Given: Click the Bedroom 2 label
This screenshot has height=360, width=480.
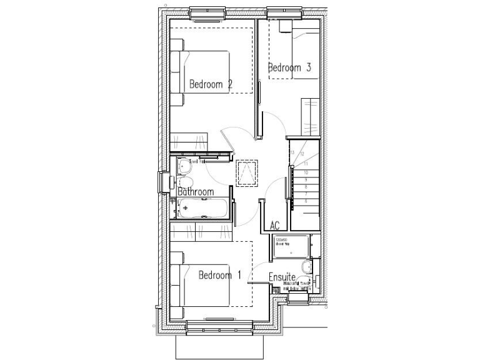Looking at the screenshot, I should pyautogui.click(x=211, y=84).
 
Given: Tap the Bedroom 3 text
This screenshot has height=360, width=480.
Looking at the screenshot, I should pyautogui.click(x=289, y=68).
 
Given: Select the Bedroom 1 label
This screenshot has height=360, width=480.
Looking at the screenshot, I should pyautogui.click(x=219, y=275).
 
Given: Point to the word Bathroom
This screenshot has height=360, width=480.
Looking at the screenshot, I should pyautogui.click(x=196, y=192).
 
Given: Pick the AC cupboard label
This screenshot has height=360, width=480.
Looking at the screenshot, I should pyautogui.click(x=274, y=226).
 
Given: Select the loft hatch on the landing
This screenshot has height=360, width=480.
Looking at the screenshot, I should pyautogui.click(x=246, y=172).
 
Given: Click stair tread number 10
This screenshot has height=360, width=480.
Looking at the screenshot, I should pyautogui.click(x=306, y=172).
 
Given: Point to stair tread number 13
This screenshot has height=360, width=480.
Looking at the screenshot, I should pyautogui.click(x=292, y=151).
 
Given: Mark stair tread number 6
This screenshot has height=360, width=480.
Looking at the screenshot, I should pyautogui.click(x=306, y=201).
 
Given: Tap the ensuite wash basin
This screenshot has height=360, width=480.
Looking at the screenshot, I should pyautogui.click(x=307, y=268).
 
